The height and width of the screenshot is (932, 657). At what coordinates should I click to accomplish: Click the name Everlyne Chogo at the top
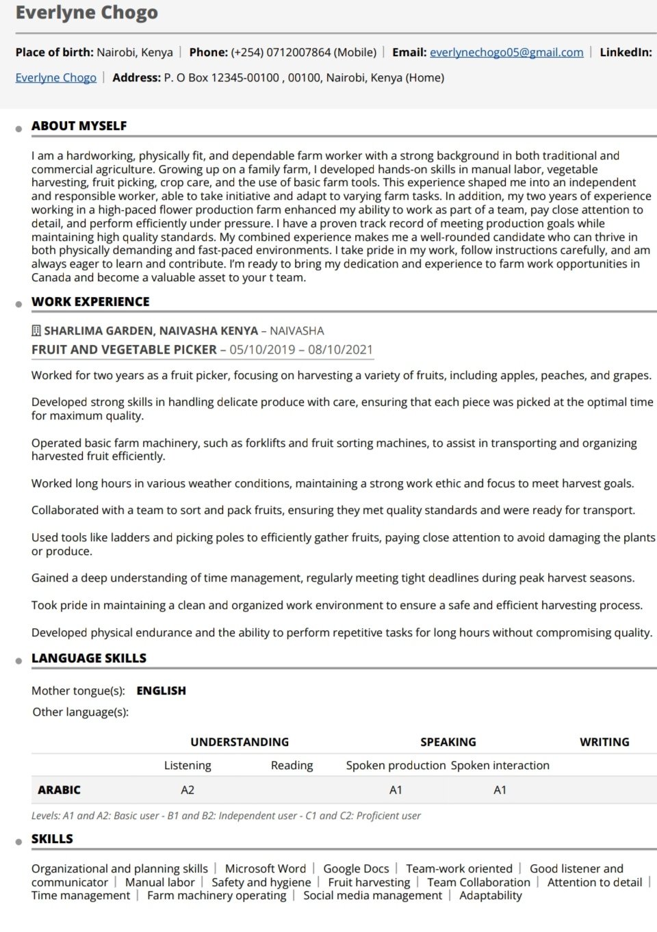[86, 13]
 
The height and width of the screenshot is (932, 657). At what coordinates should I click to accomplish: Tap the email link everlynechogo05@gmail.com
[506, 52]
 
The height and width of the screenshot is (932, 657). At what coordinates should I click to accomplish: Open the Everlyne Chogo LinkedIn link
[56, 77]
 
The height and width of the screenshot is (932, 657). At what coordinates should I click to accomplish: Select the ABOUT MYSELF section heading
[79, 126]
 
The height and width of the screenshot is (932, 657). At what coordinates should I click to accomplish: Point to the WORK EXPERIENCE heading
[90, 302]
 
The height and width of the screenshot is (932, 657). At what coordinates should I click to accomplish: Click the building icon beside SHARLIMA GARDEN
[36, 331]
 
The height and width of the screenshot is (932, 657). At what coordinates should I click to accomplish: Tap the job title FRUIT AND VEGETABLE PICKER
[124, 350]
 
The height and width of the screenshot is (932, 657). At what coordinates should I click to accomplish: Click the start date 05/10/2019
[262, 350]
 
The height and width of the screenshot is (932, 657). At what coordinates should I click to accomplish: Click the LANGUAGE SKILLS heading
[89, 658]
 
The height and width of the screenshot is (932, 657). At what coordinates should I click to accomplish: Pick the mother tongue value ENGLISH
[161, 690]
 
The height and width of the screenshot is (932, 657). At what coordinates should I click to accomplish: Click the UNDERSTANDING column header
[240, 742]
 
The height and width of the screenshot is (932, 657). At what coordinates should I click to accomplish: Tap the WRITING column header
[604, 742]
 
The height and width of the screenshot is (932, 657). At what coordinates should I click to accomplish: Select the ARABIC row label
[60, 790]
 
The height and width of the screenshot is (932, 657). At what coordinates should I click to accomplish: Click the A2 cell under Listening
[188, 790]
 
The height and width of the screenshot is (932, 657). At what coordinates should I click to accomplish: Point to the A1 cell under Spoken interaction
[500, 790]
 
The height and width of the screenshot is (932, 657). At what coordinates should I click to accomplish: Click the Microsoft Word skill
[266, 868]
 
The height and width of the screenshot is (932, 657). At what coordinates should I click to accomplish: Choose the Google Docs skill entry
[356, 868]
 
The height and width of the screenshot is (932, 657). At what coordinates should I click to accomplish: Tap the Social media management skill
[372, 895]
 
